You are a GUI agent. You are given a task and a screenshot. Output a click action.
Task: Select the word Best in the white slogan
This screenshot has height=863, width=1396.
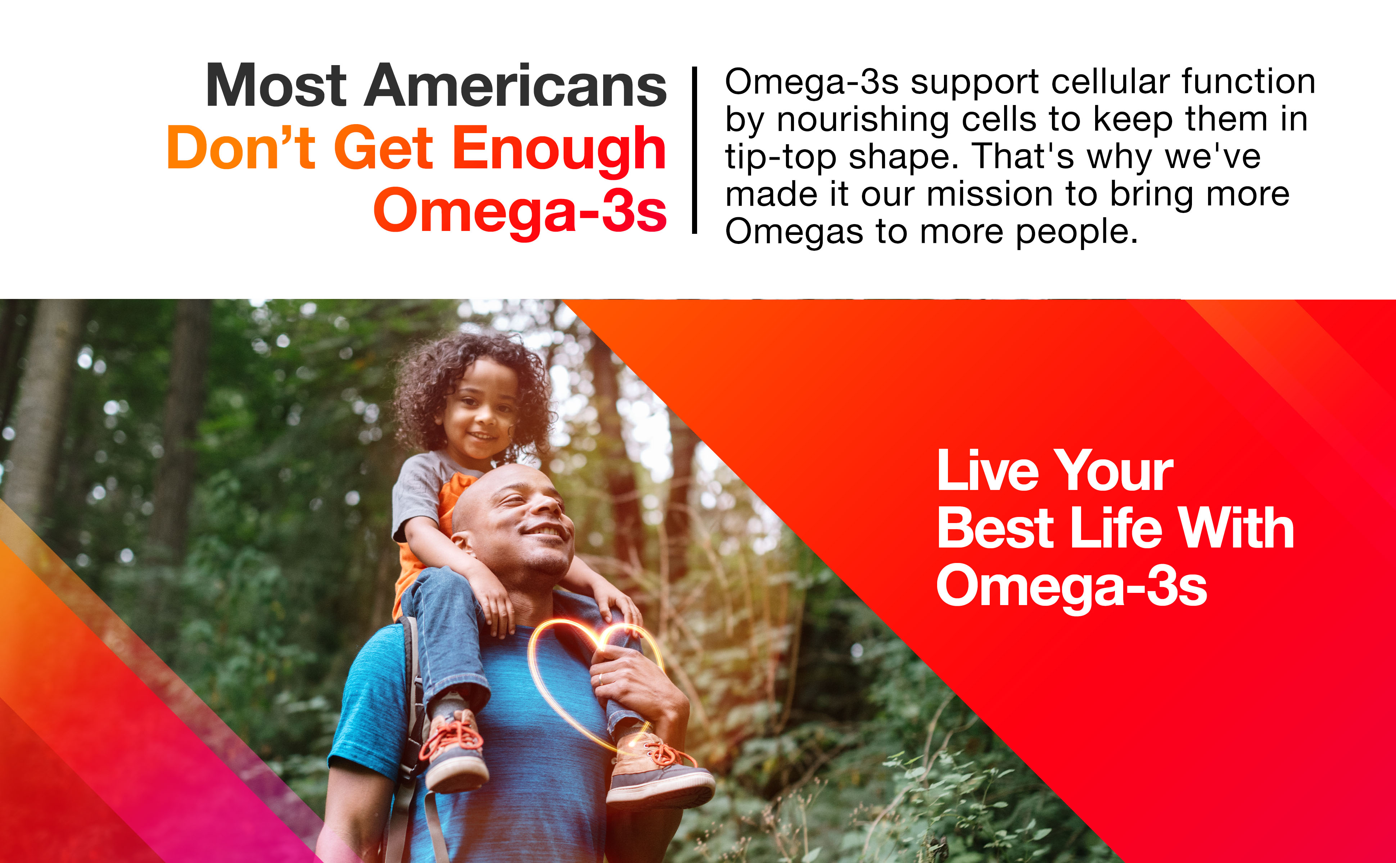click(x=996, y=528)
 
